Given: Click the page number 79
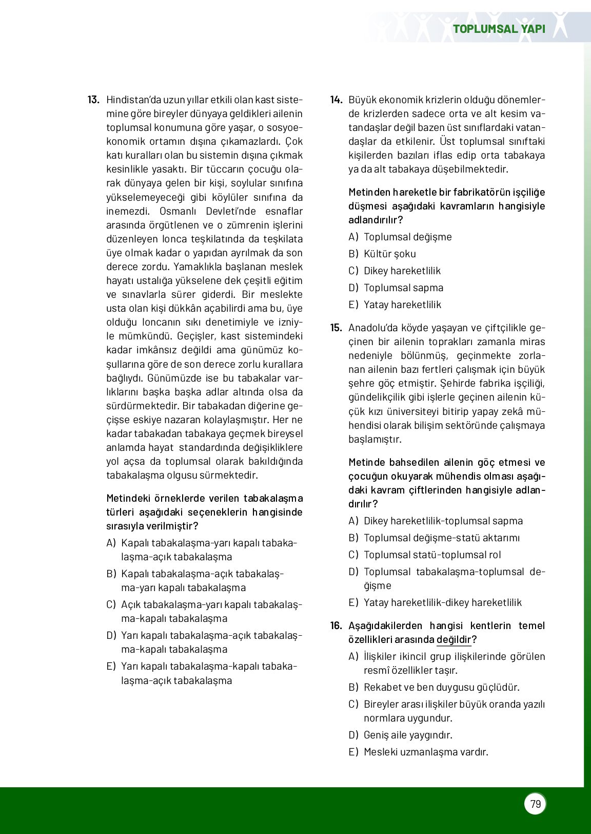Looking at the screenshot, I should [x=536, y=804].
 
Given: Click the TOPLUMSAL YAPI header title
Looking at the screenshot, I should [x=499, y=29].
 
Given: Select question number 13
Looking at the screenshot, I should [x=93, y=100].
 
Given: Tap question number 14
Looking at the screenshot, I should [x=336, y=100].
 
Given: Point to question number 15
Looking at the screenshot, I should [x=336, y=328].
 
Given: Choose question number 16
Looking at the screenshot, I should [x=336, y=625].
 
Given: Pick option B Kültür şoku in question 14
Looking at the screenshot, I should [x=390, y=254].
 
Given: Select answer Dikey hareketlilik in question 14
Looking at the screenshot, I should [x=402, y=271].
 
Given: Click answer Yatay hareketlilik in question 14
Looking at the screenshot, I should [x=402, y=305].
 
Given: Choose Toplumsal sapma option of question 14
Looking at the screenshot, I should [x=403, y=288].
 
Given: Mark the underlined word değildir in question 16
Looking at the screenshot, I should [x=454, y=639].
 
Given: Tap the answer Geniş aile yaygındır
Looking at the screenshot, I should [x=408, y=735].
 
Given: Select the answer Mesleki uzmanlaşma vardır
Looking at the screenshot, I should [x=426, y=752].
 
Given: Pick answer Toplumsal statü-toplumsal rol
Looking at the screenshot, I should [x=432, y=555].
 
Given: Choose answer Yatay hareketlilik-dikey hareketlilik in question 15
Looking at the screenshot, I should [x=442, y=602].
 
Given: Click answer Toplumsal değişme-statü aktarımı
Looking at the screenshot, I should [x=441, y=538].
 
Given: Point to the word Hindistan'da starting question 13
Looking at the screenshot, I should [x=133, y=100].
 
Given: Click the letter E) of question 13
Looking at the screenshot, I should [x=111, y=667].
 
